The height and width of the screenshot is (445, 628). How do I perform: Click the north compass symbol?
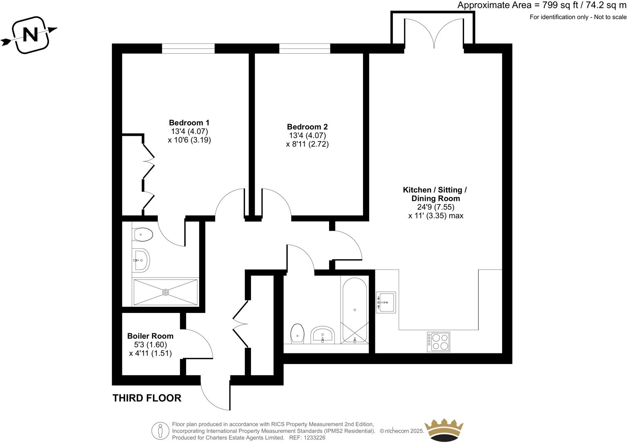coord(30,35)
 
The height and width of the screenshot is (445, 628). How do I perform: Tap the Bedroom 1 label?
coord(189,123)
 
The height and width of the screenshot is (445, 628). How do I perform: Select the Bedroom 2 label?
coord(307,127)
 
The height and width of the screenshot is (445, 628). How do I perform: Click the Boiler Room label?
coord(150,336)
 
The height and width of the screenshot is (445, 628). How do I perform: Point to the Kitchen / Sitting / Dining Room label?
coord(435,194)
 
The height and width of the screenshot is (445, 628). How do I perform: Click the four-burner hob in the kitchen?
coord(439,342)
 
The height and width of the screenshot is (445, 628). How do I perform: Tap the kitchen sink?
coord(385,302)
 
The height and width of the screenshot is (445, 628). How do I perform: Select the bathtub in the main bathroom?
coord(354,310)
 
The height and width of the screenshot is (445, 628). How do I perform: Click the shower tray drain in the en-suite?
coord(166,292)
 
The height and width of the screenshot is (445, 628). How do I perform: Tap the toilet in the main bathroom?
coord(297,334)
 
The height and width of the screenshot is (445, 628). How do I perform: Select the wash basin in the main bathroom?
coord(323,336)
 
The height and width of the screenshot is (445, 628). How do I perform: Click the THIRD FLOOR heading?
coord(147,398)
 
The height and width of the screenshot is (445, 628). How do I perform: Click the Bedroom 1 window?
coord(188,48)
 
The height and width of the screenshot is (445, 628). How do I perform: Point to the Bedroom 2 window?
coord(305,48)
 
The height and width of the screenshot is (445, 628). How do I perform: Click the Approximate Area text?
coord(541,5)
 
